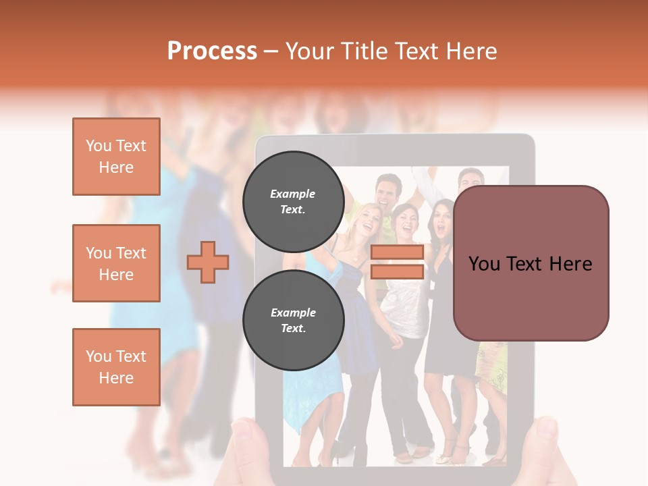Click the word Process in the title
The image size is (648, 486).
click(x=212, y=51)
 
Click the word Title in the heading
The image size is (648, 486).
click(x=362, y=51)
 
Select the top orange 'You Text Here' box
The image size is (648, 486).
click(x=116, y=157)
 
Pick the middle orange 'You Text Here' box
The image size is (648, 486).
click(x=116, y=263)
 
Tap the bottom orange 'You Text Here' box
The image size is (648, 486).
click(x=116, y=367)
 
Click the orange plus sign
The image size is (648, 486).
click(x=208, y=262)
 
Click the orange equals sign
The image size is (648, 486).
click(x=397, y=262)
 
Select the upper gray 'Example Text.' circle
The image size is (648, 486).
click(x=293, y=201)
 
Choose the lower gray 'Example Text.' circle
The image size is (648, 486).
click(x=293, y=321)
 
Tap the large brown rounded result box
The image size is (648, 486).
click(x=531, y=263)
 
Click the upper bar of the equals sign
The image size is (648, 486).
click(x=397, y=252)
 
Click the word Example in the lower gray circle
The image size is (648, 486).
click(x=293, y=313)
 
